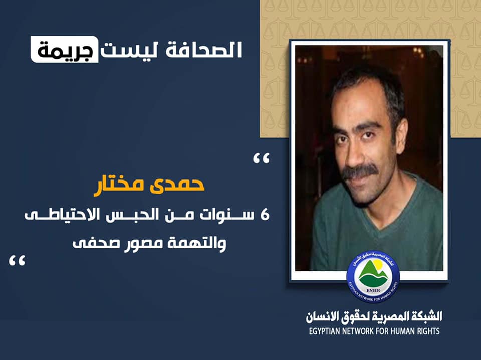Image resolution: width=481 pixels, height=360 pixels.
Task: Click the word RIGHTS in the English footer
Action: point(427,331)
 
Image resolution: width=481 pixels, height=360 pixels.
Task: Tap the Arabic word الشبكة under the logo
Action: point(425,317)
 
